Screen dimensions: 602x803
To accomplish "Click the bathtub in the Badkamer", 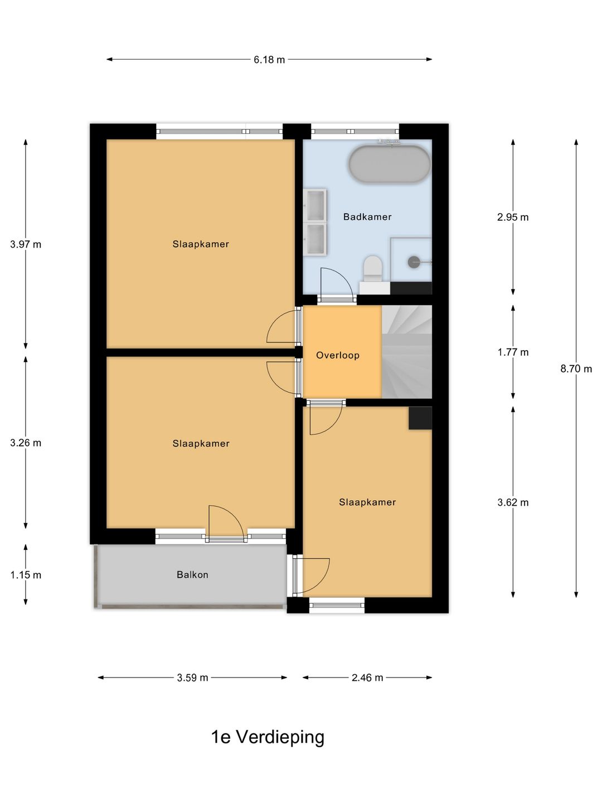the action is pos(390,164).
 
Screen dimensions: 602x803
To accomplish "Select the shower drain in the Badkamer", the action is pos(414,262).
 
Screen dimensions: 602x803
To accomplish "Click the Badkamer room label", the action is pos(367,217).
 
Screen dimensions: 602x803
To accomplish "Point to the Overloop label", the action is pos(338,355).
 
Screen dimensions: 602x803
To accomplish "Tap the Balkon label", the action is pos(192,575).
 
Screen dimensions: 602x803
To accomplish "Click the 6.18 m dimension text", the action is pos(269,60).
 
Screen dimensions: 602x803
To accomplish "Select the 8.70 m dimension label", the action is pos(576,369).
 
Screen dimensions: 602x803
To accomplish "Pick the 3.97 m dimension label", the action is pos(26,244).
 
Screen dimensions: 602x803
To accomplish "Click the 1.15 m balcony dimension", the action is pos(26,575).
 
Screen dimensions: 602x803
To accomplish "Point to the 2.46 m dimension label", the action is pos(367,678).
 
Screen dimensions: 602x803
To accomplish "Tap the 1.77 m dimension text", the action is pos(513,352).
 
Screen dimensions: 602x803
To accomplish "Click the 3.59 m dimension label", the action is pos(193,678).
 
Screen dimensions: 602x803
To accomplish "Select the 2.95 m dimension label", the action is pos(513,217).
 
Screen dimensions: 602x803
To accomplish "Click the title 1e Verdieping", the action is pos(268,737).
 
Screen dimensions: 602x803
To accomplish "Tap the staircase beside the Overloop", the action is pos(407,352).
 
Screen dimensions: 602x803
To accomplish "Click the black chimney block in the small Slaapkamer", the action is pos(420,418).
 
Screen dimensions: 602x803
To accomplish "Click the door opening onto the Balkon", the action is pos(226,523).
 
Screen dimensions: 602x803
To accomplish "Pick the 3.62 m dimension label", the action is pos(513,502).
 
